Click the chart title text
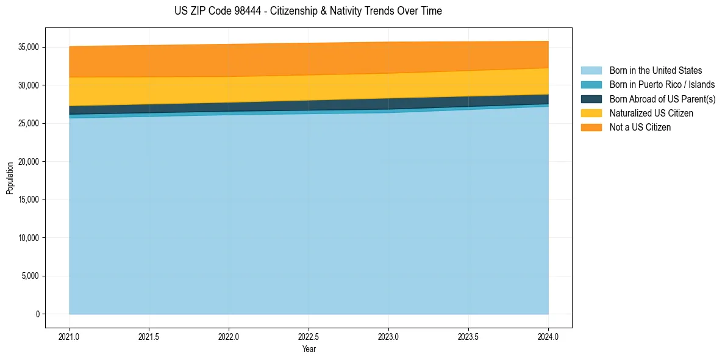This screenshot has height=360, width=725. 308,11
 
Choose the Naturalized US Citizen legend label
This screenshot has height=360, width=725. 651,113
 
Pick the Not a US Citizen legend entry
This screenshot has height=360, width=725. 640,128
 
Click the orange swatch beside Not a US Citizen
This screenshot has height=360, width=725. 591,128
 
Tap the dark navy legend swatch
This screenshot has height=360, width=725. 591,99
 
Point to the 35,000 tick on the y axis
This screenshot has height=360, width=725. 29,47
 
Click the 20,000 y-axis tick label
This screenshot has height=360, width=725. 29,162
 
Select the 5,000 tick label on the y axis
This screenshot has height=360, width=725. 30,276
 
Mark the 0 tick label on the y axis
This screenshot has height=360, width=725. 37,314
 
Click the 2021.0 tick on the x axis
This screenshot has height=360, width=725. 70,336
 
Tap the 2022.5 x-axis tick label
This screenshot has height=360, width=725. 309,336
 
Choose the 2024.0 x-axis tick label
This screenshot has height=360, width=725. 548,336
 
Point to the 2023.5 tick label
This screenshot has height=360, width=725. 468,336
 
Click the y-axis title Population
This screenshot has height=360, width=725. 10,178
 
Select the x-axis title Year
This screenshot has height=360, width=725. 309,350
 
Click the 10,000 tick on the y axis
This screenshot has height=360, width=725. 29,238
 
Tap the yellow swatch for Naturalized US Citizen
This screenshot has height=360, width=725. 591,113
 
